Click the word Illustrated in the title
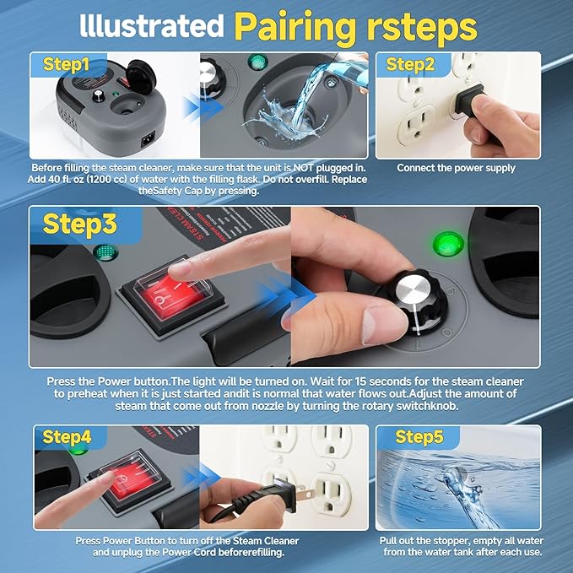[x=152, y=25]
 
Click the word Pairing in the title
[x=295, y=28]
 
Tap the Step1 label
[x=66, y=64]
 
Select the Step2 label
[x=410, y=64]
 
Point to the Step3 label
[x=79, y=224]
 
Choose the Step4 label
[x=67, y=436]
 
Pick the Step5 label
[x=419, y=436]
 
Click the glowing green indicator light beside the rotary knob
[x=448, y=244]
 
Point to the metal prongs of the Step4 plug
[x=305, y=494]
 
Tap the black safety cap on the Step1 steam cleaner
[x=141, y=77]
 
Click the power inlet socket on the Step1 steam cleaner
[x=148, y=139]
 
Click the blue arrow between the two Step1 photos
[x=202, y=108]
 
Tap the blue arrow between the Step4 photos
[x=201, y=476]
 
